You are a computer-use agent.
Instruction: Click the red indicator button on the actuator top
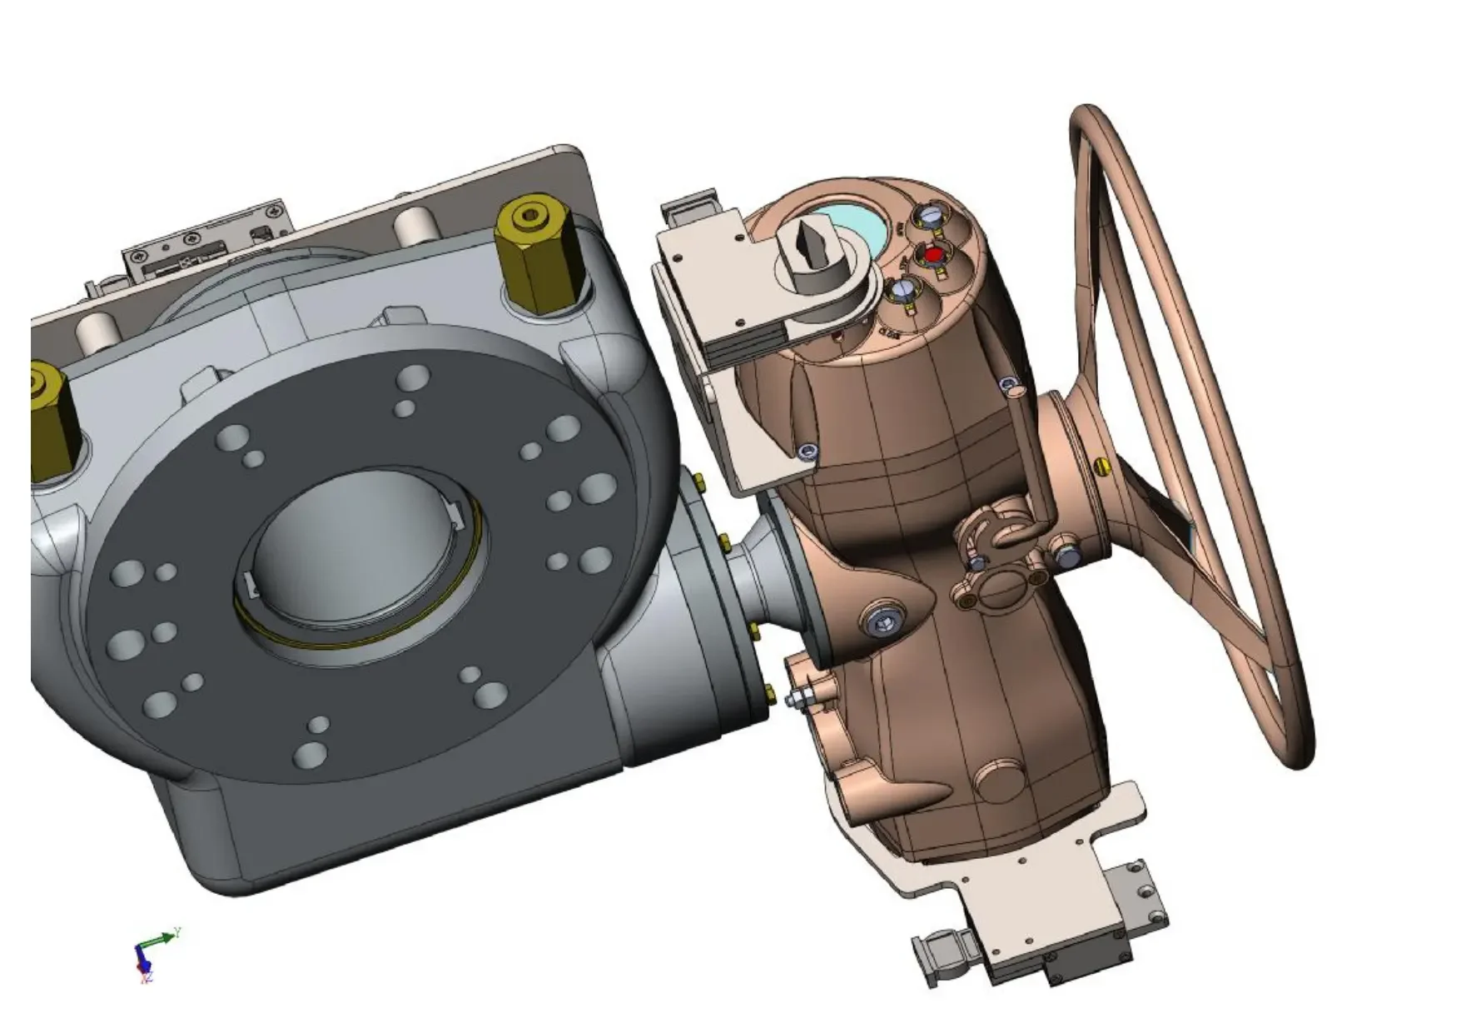coord(934,253)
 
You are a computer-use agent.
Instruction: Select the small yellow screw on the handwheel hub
coord(1106,467)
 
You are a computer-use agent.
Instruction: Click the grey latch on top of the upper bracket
coord(691,209)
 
